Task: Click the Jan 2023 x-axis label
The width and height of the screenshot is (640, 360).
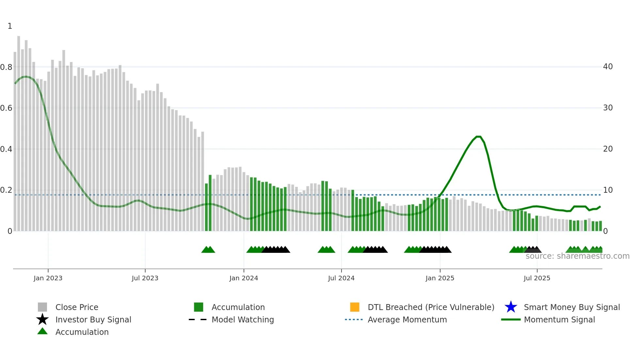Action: pyautogui.click(x=48, y=278)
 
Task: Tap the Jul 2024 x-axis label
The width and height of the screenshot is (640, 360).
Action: pyautogui.click(x=341, y=278)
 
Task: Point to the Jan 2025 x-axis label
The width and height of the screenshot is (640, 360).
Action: pyautogui.click(x=440, y=278)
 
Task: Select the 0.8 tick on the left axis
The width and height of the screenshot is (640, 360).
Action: pyautogui.click(x=6, y=67)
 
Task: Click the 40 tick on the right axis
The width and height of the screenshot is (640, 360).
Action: pyautogui.click(x=608, y=67)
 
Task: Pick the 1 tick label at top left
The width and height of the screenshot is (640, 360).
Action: pyautogui.click(x=10, y=26)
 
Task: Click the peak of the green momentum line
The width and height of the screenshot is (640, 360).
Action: pyautogui.click(x=478, y=137)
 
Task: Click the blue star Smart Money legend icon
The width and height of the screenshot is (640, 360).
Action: pyautogui.click(x=511, y=307)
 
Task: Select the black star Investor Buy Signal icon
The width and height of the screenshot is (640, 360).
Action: pyautogui.click(x=42, y=319)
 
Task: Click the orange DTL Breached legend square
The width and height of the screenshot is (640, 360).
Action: pyautogui.click(x=355, y=307)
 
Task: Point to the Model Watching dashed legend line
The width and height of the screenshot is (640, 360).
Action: pyautogui.click(x=198, y=319)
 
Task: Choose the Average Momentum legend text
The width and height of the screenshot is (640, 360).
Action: pyautogui.click(x=407, y=319)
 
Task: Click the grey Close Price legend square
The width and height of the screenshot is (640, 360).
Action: pyautogui.click(x=42, y=307)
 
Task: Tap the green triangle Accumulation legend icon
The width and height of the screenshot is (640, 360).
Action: pyautogui.click(x=42, y=331)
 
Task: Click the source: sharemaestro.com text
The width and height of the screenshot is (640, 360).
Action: pyautogui.click(x=577, y=256)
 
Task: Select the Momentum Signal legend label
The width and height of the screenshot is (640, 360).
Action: pyautogui.click(x=559, y=319)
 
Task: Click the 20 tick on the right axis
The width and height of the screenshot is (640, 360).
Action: pyautogui.click(x=608, y=149)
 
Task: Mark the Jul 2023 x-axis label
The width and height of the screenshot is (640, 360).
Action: pyautogui.click(x=145, y=278)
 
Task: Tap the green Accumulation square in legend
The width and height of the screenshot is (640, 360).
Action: pyautogui.click(x=199, y=307)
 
